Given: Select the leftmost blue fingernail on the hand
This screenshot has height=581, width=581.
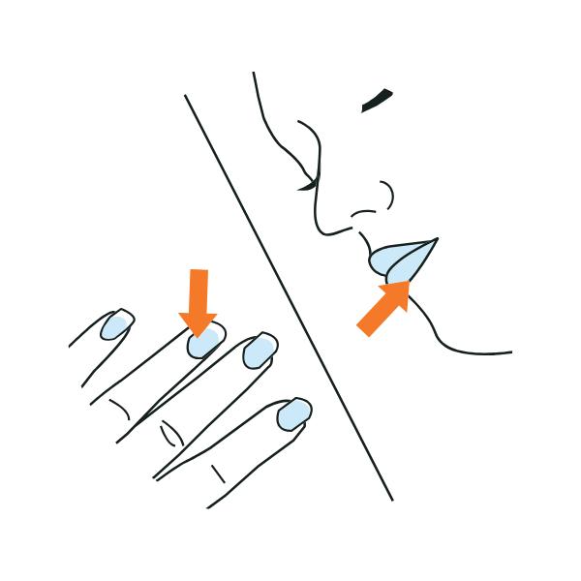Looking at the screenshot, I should [x=114, y=326].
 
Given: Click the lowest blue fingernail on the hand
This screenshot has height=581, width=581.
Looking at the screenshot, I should [x=292, y=414].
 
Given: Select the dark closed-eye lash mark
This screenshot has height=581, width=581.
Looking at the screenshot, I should [x=377, y=100].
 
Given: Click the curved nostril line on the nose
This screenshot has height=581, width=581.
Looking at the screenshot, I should [x=386, y=194].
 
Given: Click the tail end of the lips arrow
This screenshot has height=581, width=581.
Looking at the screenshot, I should [x=364, y=329].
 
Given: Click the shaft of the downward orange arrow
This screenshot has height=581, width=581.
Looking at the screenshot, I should [x=199, y=290].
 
